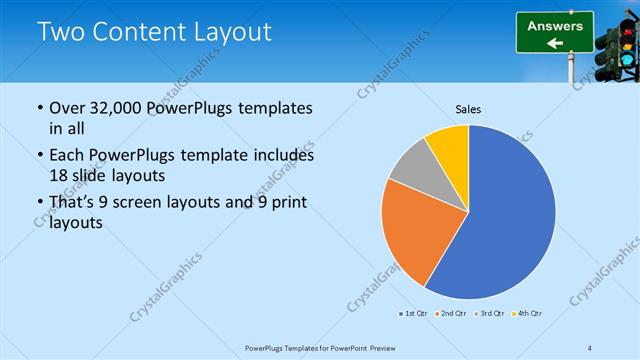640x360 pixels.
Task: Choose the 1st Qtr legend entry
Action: [414, 314]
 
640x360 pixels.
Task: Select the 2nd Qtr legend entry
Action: [451, 314]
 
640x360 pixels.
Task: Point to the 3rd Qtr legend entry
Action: [489, 314]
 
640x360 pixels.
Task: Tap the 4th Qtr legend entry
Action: [526, 314]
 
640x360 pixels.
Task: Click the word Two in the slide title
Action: [60, 32]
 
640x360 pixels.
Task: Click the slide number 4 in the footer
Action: [590, 347]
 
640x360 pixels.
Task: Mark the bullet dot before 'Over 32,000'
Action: [39, 108]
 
